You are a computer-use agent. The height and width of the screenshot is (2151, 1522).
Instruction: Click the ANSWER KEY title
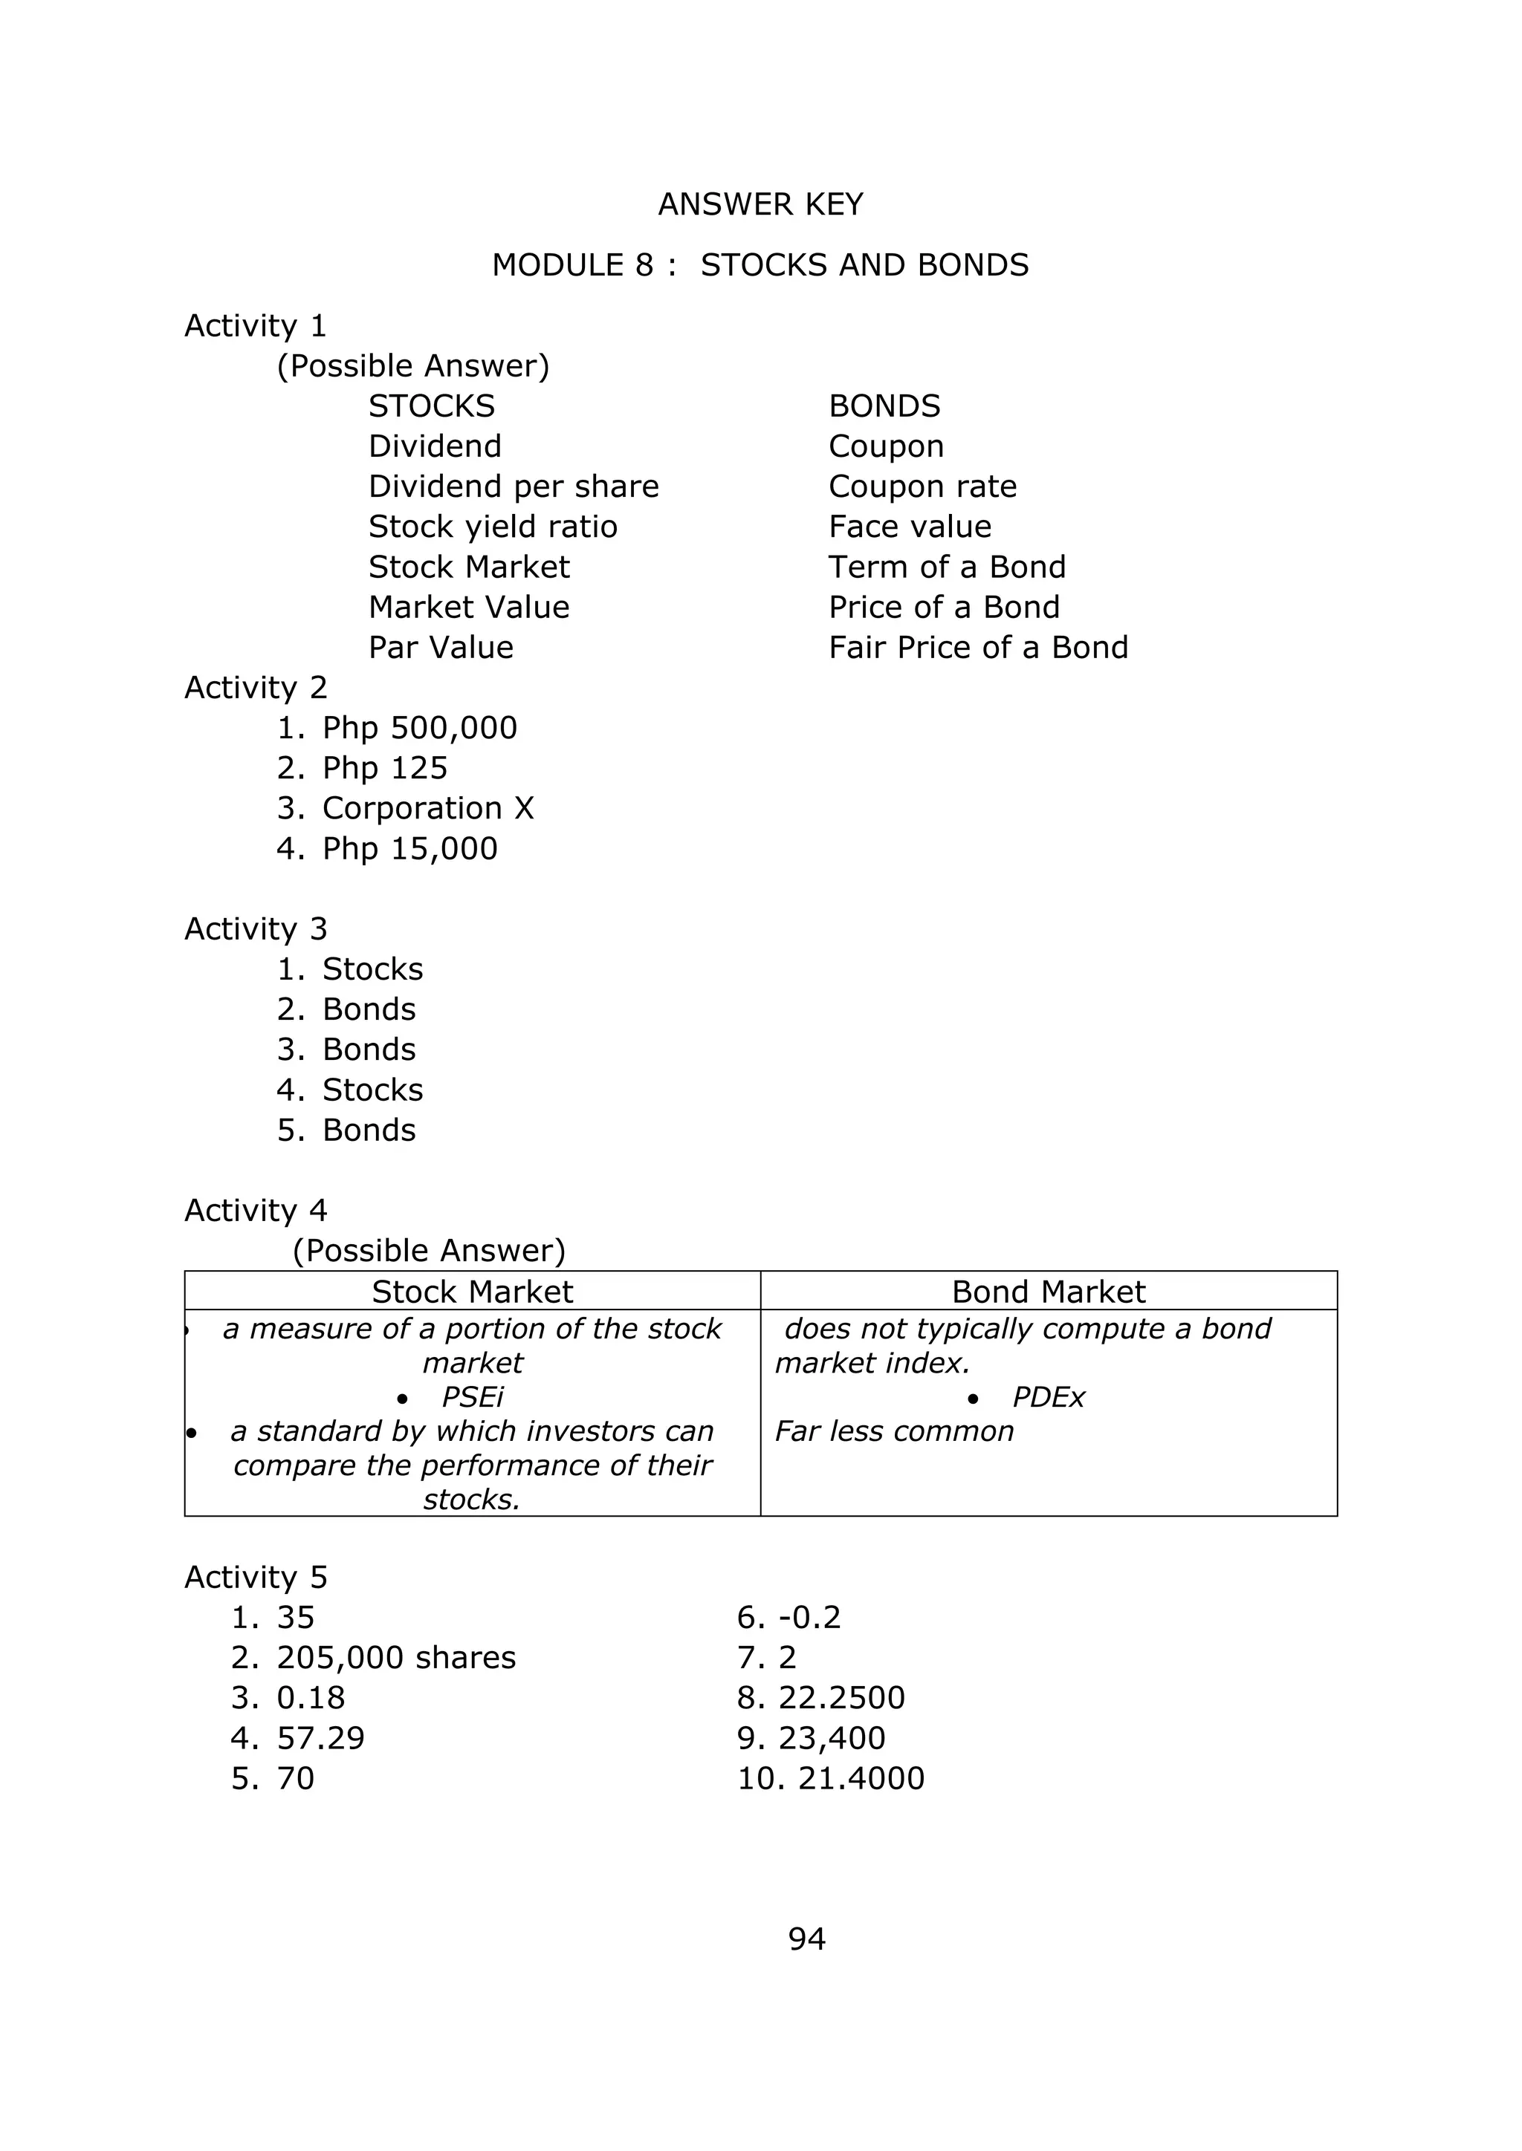click(x=760, y=204)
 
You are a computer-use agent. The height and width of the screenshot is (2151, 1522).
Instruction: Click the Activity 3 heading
click(x=256, y=928)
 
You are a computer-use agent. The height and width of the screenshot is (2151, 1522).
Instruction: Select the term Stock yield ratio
click(x=493, y=527)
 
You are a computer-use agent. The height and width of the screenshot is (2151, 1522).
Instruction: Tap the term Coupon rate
click(x=922, y=487)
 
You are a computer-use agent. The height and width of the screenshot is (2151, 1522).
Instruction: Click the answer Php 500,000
click(x=419, y=728)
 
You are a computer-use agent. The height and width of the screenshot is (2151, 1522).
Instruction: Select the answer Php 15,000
click(x=409, y=849)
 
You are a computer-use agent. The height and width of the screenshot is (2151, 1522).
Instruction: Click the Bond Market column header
click(x=1048, y=1292)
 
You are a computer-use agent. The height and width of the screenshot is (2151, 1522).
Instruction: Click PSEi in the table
click(x=473, y=1397)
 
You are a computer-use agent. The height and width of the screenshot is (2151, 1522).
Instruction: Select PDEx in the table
click(x=1048, y=1397)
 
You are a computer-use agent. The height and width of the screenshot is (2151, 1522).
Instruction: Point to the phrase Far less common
click(x=894, y=1431)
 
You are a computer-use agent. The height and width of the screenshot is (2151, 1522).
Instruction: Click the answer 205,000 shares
click(x=395, y=1657)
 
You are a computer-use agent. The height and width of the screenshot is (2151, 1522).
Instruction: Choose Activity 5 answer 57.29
click(x=320, y=1738)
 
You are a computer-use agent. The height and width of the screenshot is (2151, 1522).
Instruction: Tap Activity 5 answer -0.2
click(x=809, y=1617)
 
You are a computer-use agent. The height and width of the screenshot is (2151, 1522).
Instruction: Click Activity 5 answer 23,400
click(x=832, y=1738)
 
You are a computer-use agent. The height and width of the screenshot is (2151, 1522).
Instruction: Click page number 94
click(x=807, y=1939)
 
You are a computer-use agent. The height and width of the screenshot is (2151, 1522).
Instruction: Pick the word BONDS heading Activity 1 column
click(x=884, y=406)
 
